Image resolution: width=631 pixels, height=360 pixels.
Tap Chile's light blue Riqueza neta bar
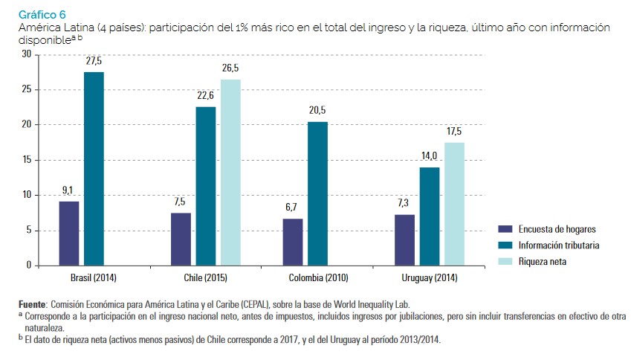[231, 172]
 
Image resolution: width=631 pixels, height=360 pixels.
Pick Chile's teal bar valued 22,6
[206, 186]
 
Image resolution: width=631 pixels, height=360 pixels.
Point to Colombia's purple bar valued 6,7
[292, 242]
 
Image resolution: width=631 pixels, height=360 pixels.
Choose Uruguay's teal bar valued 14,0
[430, 216]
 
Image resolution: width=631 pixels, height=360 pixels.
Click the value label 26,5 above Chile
[230, 68]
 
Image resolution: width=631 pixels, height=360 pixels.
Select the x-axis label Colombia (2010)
[317, 278]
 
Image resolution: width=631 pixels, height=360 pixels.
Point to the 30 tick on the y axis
[27, 54]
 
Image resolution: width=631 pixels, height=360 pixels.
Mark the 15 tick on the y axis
[27, 160]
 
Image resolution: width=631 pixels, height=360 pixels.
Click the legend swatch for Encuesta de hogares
[506, 230]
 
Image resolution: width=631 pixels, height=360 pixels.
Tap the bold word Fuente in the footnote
[33, 305]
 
